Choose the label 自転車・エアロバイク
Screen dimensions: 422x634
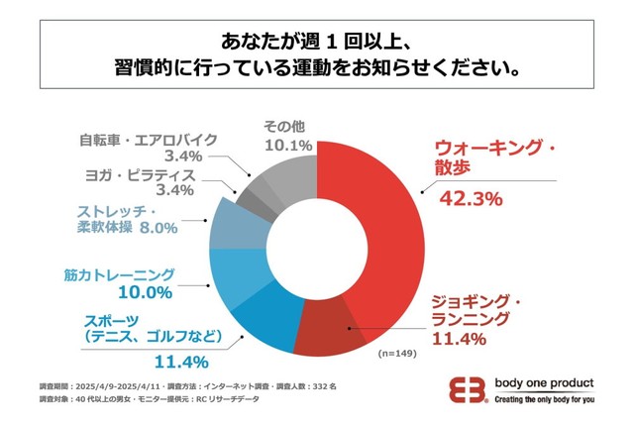point(142,138)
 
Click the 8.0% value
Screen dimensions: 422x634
point(158,229)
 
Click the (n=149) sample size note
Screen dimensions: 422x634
point(398,353)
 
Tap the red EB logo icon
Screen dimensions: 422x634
point(468,389)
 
